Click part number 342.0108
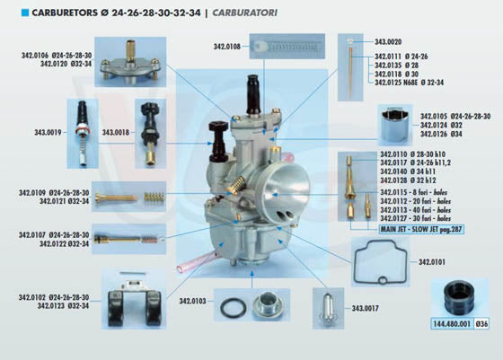coord(227,46)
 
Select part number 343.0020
coord(388,42)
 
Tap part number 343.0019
coord(47,132)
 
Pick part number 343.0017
coord(365,308)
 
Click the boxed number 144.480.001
coord(451,322)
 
